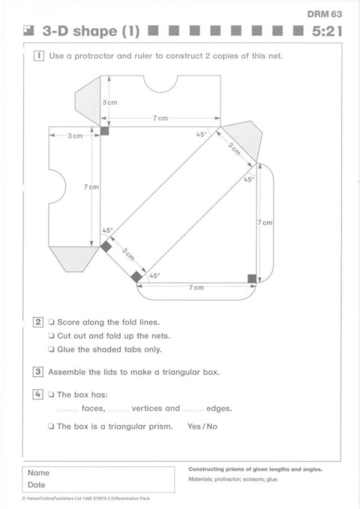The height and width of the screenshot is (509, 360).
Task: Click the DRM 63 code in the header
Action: pyautogui.click(x=324, y=14)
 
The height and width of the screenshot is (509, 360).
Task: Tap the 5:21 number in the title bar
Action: pyautogui.click(x=327, y=31)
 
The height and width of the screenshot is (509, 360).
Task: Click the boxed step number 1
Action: pyautogui.click(x=39, y=55)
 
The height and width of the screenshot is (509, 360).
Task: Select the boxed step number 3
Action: pyautogui.click(x=38, y=372)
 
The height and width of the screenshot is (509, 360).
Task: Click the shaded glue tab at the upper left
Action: pyautogui.click(x=88, y=101)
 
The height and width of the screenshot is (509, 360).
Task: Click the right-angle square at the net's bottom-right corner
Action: pyautogui.click(x=252, y=279)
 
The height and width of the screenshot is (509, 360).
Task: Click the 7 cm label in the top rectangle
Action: pyautogui.click(x=160, y=118)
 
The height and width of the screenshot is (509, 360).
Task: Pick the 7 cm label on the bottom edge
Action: pyautogui.click(x=196, y=287)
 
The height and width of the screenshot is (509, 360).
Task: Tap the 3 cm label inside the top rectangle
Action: pyautogui.click(x=109, y=102)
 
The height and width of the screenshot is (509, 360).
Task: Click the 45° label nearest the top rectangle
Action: pyautogui.click(x=202, y=134)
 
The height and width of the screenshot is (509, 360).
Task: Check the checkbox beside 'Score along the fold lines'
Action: pyautogui.click(x=51, y=322)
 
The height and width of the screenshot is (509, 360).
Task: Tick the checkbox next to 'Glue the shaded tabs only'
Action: pyautogui.click(x=51, y=349)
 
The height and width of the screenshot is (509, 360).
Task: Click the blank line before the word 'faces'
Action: pyautogui.click(x=67, y=411)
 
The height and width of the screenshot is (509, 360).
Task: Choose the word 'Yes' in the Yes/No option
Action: pyautogui.click(x=194, y=427)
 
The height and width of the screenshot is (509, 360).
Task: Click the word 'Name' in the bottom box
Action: pyautogui.click(x=38, y=472)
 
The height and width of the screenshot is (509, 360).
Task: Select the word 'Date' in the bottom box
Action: pyautogui.click(x=37, y=485)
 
